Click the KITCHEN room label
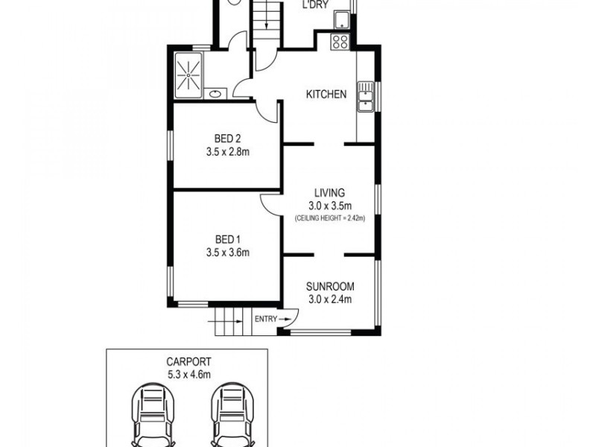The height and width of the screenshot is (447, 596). (x=326, y=95)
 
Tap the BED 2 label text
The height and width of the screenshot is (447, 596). (x=227, y=139)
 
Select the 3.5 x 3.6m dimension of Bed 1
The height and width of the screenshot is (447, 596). (x=227, y=253)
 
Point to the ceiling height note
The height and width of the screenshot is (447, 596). (x=329, y=218)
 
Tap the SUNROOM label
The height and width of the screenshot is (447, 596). (x=329, y=286)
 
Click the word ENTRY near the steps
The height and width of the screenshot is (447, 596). (x=264, y=319)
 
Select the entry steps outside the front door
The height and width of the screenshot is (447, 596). (x=228, y=323)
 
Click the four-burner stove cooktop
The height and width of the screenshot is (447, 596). (x=340, y=42)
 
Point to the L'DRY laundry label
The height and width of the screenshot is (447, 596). (x=315, y=6)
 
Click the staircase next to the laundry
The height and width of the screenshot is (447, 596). (x=266, y=22)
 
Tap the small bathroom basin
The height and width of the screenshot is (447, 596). (x=215, y=93)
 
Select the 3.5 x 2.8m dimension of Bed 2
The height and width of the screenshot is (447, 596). (x=227, y=152)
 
